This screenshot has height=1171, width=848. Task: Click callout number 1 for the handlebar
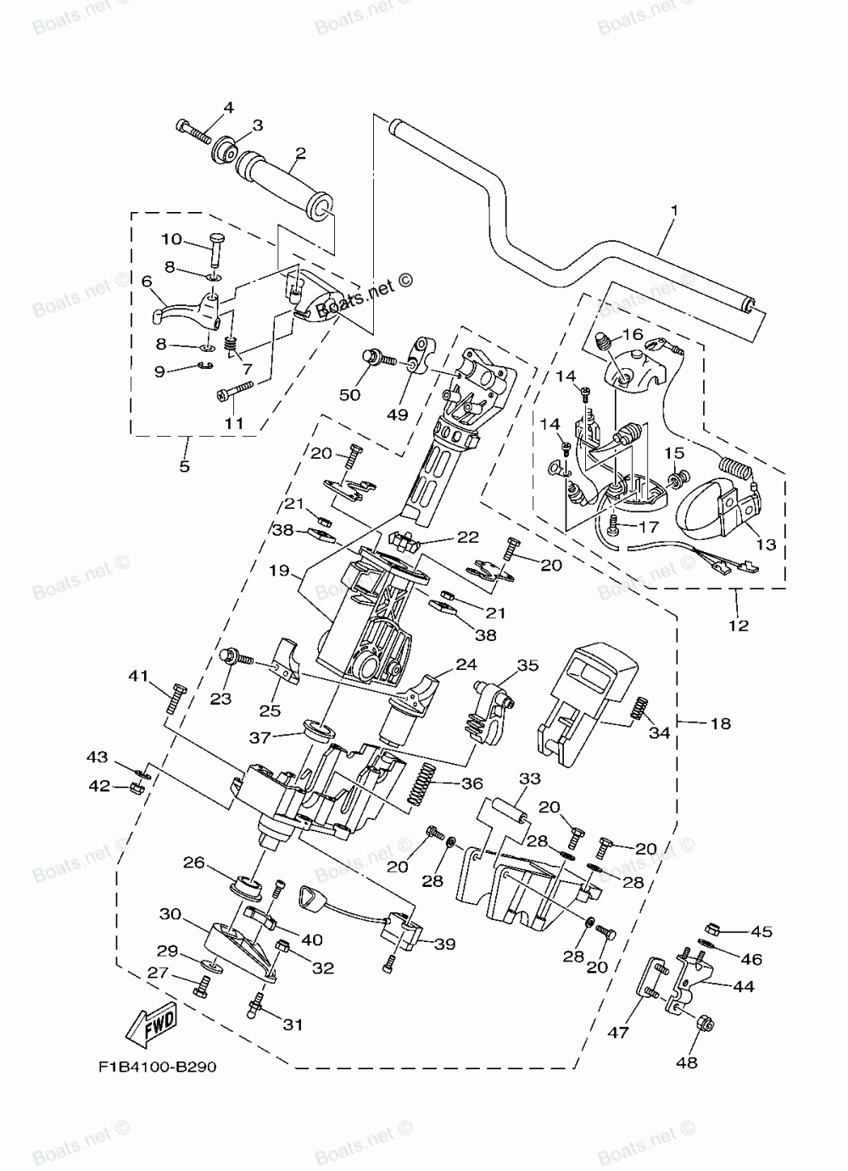[675, 210]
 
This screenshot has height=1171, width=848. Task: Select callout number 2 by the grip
[300, 153]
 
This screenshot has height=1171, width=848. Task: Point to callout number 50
[349, 394]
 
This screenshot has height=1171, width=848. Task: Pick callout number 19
[280, 570]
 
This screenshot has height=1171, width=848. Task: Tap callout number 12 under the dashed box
[739, 625]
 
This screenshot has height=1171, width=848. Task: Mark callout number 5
[184, 466]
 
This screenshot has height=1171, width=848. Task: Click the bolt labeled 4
[193, 132]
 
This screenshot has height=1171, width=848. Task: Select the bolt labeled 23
[238, 658]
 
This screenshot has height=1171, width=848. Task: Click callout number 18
[720, 723]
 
